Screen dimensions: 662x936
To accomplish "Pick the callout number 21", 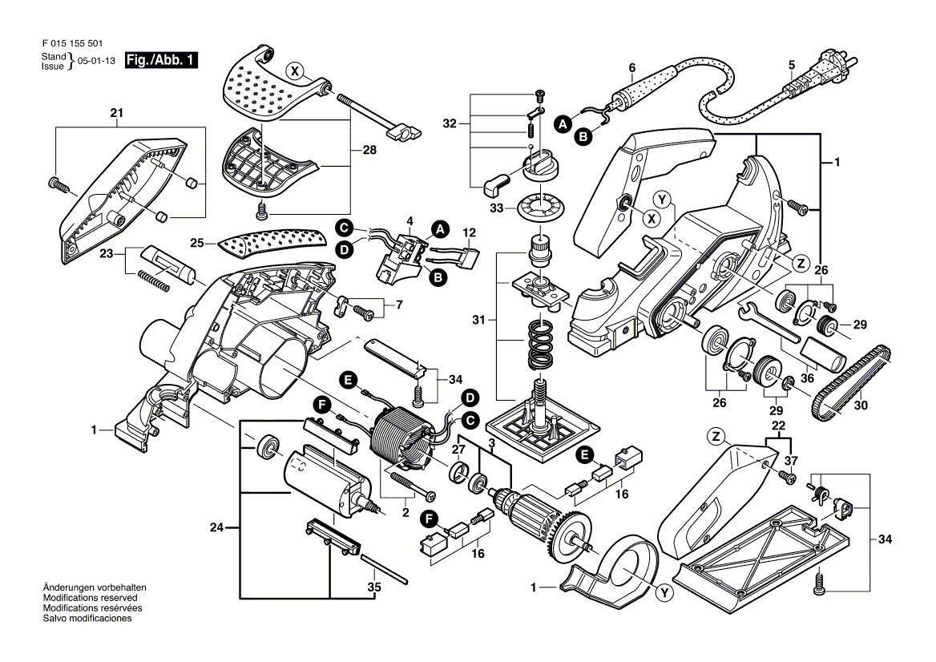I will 117,113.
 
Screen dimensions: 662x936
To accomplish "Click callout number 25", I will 197,241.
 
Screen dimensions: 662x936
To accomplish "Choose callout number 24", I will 216,527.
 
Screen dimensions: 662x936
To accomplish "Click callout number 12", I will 470,232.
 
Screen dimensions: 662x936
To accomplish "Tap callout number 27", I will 458,450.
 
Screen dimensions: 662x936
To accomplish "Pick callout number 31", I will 479,321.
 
